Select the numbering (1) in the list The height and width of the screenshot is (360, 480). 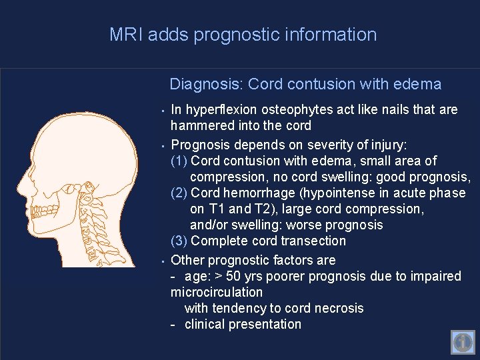coord(179,161)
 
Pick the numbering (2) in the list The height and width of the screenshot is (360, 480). coord(179,193)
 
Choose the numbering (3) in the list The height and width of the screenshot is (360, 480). coord(179,241)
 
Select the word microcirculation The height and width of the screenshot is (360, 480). coord(217,292)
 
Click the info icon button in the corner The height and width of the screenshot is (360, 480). coord(462,343)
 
